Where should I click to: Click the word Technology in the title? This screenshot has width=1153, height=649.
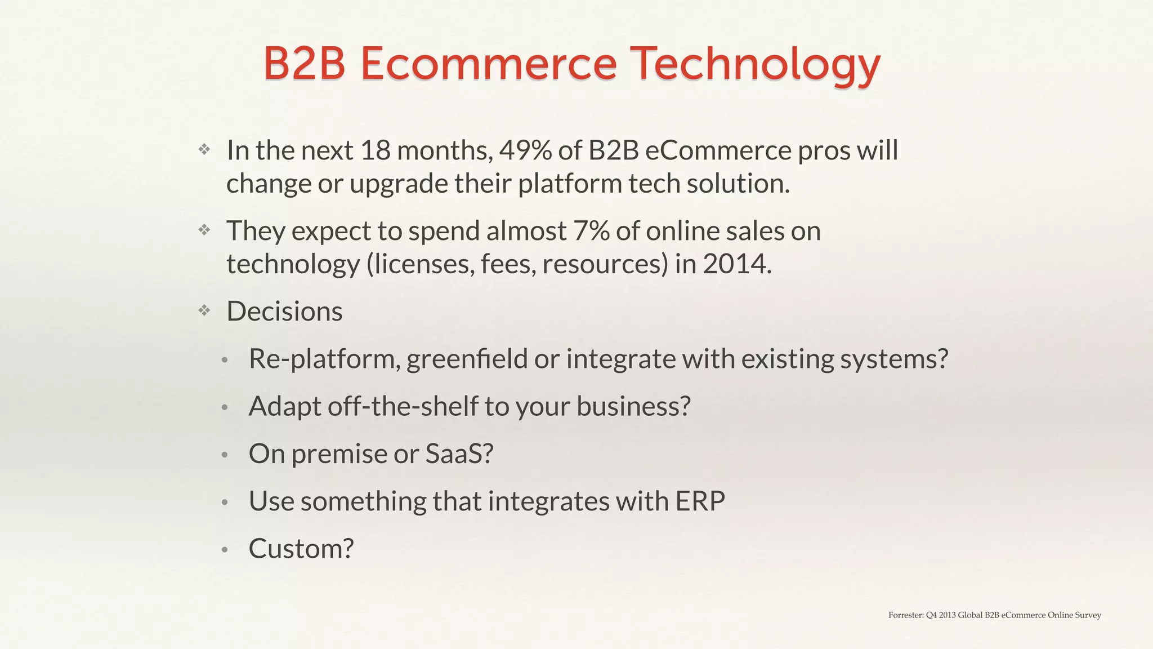[x=754, y=65]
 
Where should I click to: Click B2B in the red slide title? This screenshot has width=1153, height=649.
[x=304, y=64]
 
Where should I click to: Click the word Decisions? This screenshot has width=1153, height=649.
[x=284, y=312]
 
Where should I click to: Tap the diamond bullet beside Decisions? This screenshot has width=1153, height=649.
[x=204, y=310]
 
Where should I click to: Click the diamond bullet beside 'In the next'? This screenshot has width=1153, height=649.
[x=204, y=149]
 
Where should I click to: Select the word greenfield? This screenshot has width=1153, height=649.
[x=467, y=359]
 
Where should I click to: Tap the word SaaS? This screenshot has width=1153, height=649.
[x=459, y=454]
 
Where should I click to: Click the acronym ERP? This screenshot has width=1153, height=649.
[x=700, y=501]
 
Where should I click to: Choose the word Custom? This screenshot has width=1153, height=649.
[x=301, y=548]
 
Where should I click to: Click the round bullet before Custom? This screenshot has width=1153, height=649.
[x=224, y=550]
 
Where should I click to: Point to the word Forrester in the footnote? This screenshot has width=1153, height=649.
[x=905, y=615]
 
